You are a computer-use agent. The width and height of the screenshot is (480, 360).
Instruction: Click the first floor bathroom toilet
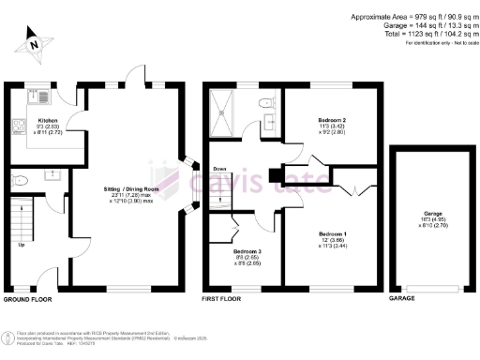pyautogui.click(x=266, y=101)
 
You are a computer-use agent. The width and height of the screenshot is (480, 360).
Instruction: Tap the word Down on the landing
pyautogui.click(x=220, y=170)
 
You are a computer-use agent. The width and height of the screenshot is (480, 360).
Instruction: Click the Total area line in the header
pyautogui.click(x=416, y=33)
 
